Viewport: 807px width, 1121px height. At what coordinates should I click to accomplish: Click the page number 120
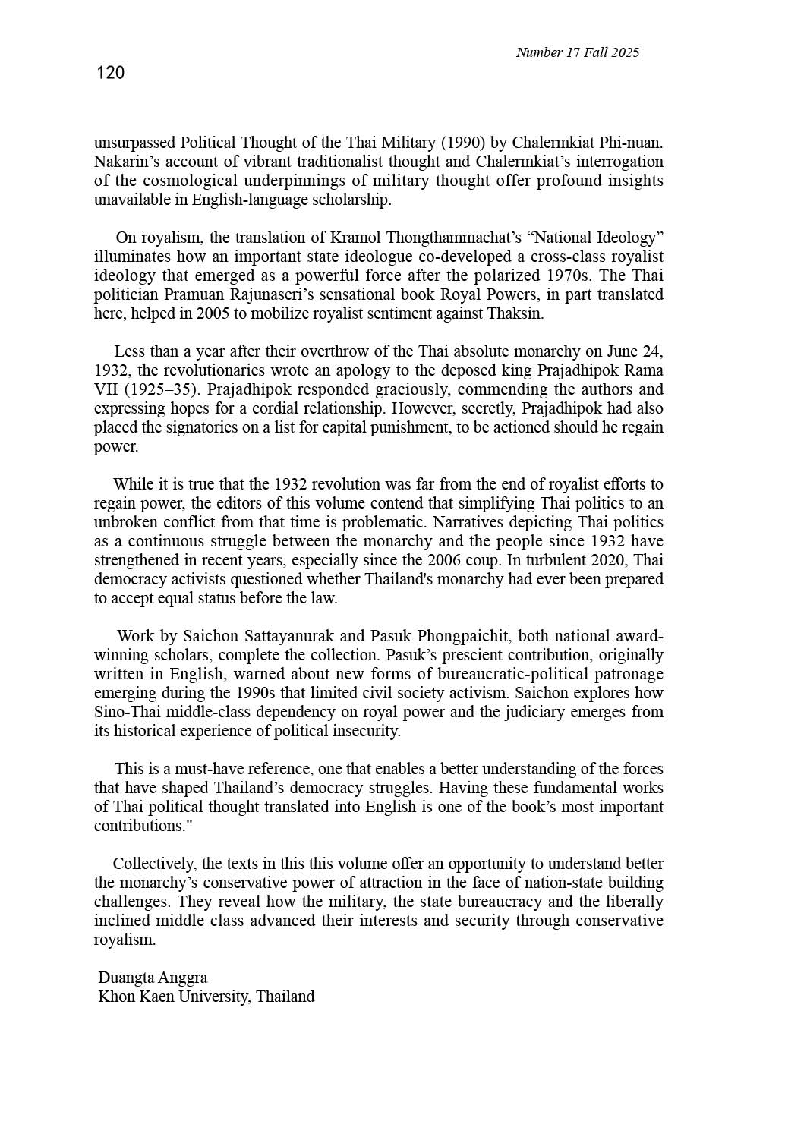tap(111, 73)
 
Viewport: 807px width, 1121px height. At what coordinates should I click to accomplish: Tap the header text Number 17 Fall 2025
tap(577, 52)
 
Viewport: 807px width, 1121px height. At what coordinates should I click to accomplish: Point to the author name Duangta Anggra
tap(153, 978)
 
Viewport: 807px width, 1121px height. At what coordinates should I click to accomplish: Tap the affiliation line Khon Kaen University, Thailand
tap(206, 997)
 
